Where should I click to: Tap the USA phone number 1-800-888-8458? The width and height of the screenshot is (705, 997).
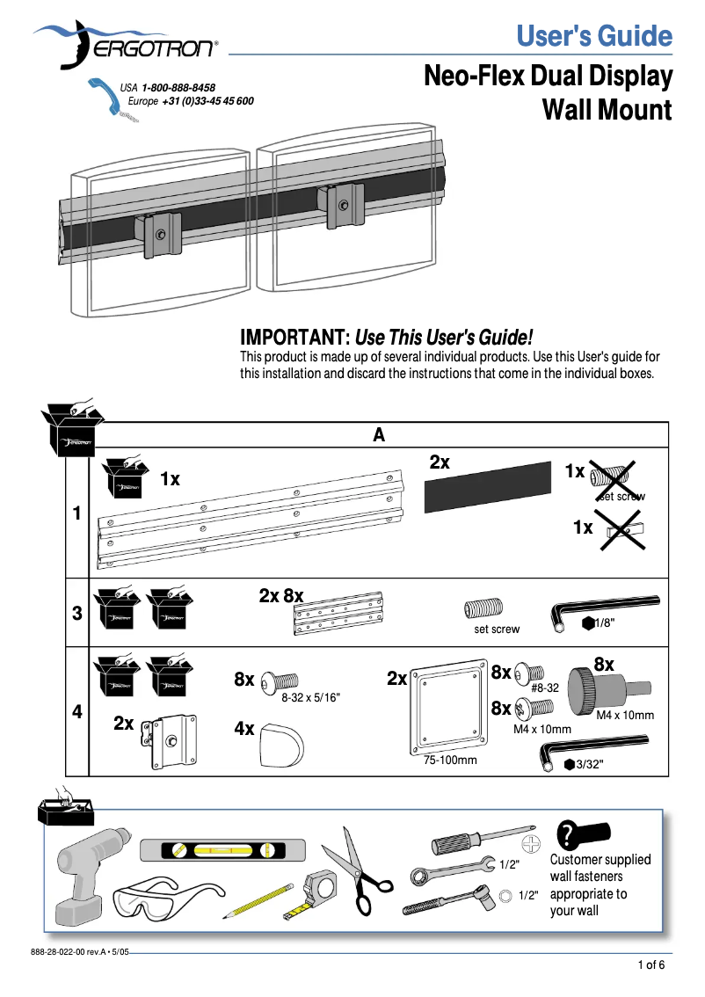tap(179, 88)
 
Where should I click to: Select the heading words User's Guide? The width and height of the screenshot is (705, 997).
tap(594, 37)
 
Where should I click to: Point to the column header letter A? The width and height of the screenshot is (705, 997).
tap(379, 435)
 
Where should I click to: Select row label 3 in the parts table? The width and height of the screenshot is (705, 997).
tap(77, 614)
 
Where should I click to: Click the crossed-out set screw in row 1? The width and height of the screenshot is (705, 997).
tap(612, 476)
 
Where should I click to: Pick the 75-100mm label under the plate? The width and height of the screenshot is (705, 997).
tap(450, 760)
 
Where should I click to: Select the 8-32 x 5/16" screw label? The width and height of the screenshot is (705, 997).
tap(310, 697)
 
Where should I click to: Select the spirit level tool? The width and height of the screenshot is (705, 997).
tap(223, 850)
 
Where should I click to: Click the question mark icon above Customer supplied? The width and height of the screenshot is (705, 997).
tap(569, 833)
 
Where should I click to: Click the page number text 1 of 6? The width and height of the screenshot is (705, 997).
tap(650, 966)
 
